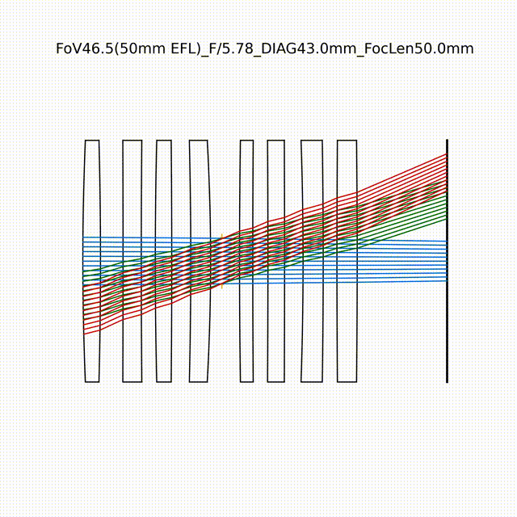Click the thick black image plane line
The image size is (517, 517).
pyautogui.click(x=447, y=261)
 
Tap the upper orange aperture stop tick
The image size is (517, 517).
pyautogui.click(x=222, y=237)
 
